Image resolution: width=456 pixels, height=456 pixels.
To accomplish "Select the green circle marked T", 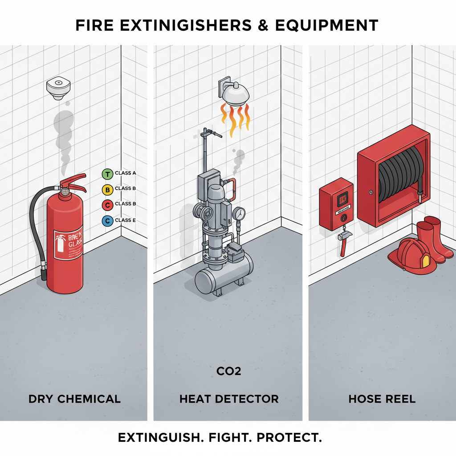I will (107, 174).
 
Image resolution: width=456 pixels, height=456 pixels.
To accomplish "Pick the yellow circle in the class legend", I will (107, 189).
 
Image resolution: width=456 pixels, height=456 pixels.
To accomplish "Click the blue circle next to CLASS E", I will (107, 220).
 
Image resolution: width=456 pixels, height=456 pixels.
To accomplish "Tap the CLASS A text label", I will (125, 173).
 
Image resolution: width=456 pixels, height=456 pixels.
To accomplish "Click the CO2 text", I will (228, 370).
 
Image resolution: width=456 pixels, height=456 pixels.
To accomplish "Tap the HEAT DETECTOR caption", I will (229, 399).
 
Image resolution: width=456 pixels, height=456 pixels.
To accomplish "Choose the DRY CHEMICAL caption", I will (74, 399).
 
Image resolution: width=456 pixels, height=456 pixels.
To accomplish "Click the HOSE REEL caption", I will (382, 399).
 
